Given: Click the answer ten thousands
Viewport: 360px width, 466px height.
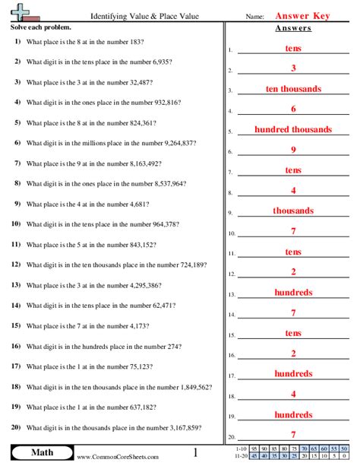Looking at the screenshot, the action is tap(293, 89).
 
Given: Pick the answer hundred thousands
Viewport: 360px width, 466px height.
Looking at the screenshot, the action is tap(293, 129).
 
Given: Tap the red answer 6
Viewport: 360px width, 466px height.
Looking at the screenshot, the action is tap(293, 109).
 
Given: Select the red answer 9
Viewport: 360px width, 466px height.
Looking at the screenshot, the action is tap(293, 150).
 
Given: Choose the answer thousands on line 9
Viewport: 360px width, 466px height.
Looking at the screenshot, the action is tap(293, 211).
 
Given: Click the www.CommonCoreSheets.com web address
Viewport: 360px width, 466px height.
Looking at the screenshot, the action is tap(118, 457).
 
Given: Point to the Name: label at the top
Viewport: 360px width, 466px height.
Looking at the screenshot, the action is tap(254, 16).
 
